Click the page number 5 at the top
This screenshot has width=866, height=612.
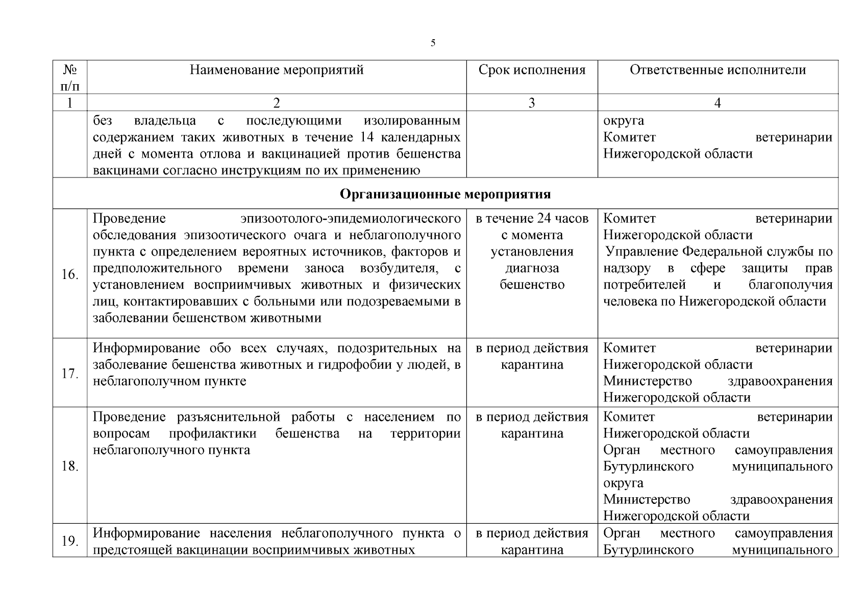[433, 43]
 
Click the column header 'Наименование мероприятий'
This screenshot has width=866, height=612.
[277, 70]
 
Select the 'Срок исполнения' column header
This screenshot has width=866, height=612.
[532, 70]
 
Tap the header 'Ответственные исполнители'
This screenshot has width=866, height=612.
[717, 70]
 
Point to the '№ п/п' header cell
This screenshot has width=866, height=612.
[70, 78]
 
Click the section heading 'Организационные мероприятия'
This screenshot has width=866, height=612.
[445, 194]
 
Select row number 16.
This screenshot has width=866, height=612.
[69, 275]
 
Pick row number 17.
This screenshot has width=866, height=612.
[69, 374]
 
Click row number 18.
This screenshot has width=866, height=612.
[69, 466]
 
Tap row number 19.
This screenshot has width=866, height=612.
[69, 541]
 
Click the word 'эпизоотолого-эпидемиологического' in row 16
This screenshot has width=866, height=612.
[350, 219]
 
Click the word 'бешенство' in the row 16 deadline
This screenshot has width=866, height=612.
[532, 285]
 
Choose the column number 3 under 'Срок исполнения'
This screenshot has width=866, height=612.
[532, 103]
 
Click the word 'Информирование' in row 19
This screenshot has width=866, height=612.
[146, 533]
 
